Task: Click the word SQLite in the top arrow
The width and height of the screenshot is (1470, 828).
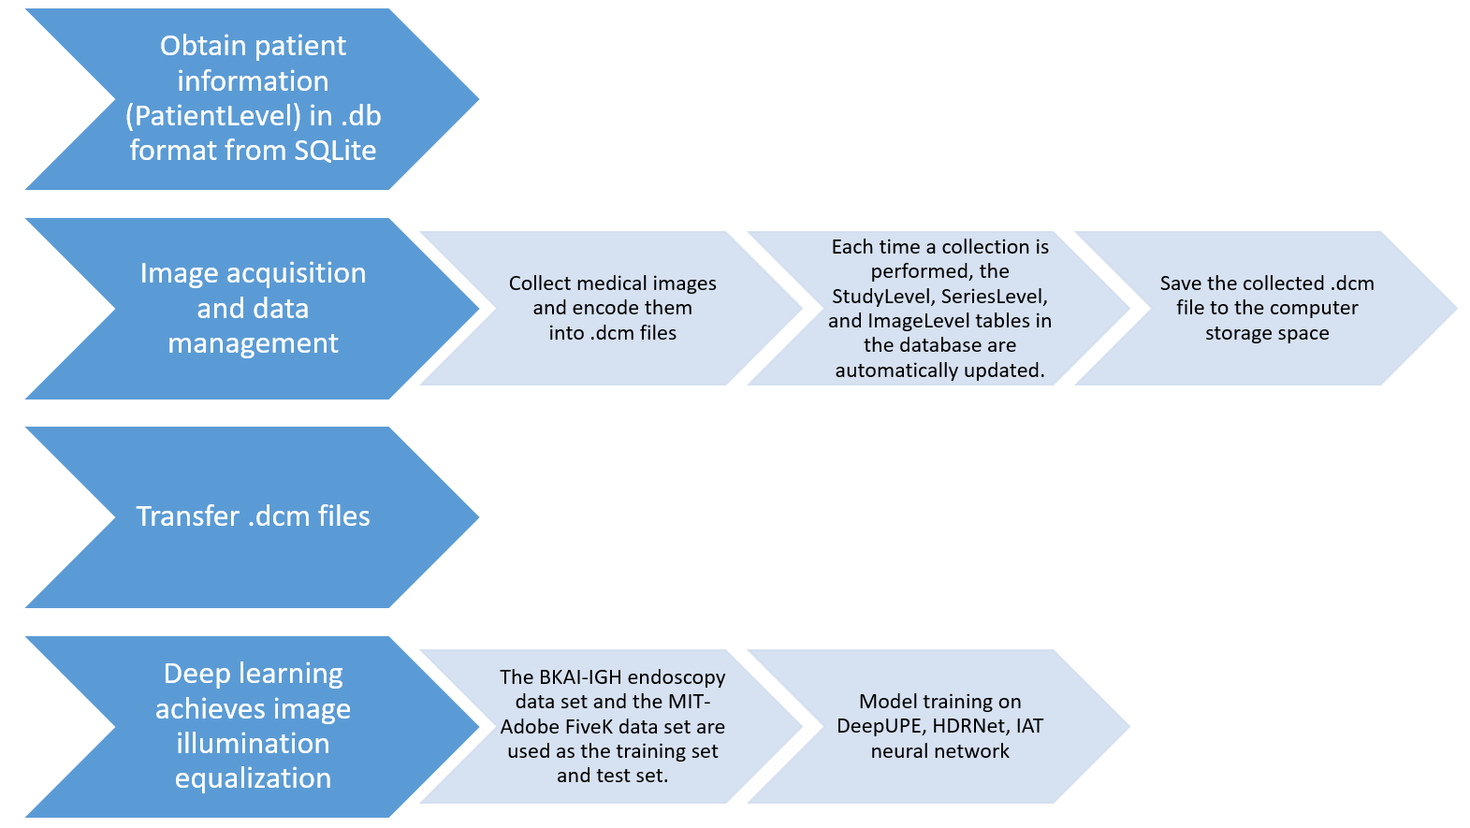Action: (x=334, y=151)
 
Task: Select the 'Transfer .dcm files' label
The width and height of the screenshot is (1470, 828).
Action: (x=253, y=516)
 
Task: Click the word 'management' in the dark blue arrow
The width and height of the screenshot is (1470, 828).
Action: (x=253, y=343)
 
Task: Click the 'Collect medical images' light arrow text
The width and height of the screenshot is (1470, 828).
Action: (x=612, y=283)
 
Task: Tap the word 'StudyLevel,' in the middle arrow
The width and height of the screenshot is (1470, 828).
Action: (x=883, y=297)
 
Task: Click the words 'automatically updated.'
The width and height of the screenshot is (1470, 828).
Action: (x=939, y=370)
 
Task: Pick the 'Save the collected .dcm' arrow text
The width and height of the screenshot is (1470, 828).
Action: (x=1266, y=283)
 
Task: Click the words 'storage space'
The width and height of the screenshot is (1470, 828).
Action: (x=1266, y=333)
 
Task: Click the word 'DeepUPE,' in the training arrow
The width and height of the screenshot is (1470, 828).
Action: (x=879, y=726)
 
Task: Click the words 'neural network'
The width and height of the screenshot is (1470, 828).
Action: (x=939, y=751)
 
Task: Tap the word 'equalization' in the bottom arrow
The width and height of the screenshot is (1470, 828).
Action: (x=253, y=778)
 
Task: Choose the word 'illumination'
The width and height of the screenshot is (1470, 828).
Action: (x=253, y=744)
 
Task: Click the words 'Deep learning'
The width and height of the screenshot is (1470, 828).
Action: (x=253, y=674)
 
